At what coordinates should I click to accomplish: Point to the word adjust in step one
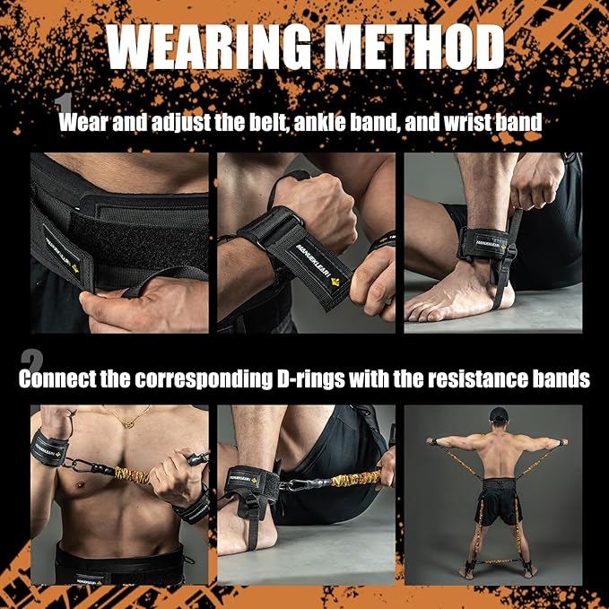tap(170, 123)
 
